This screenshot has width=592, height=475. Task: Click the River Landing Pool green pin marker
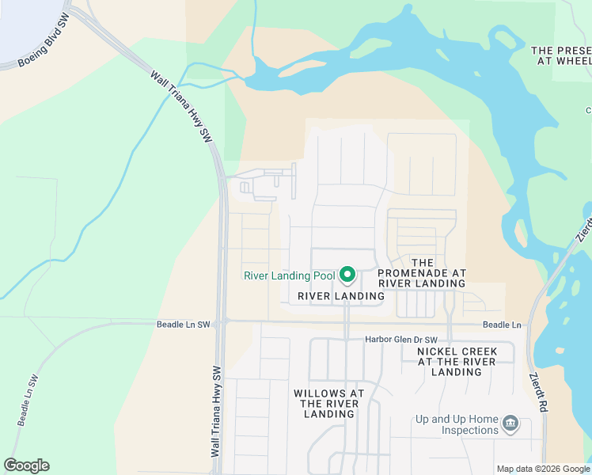[x=347, y=275]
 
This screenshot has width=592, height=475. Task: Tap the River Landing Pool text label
[x=290, y=276]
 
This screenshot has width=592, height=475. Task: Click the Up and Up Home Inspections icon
[x=510, y=424]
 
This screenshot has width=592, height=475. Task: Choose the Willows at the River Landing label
[x=328, y=403]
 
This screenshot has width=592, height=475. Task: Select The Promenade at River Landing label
[x=422, y=272]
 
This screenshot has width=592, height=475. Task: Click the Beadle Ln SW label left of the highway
[x=183, y=325]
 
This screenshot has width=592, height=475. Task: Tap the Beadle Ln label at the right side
[x=503, y=325]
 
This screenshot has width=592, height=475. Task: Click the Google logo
[x=26, y=465]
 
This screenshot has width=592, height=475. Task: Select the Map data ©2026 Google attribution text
[x=542, y=469]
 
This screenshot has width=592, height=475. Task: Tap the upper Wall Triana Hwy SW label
[x=181, y=106]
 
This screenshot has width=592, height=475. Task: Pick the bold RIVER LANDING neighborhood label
[x=340, y=296]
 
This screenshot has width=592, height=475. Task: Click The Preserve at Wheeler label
[x=561, y=55]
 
